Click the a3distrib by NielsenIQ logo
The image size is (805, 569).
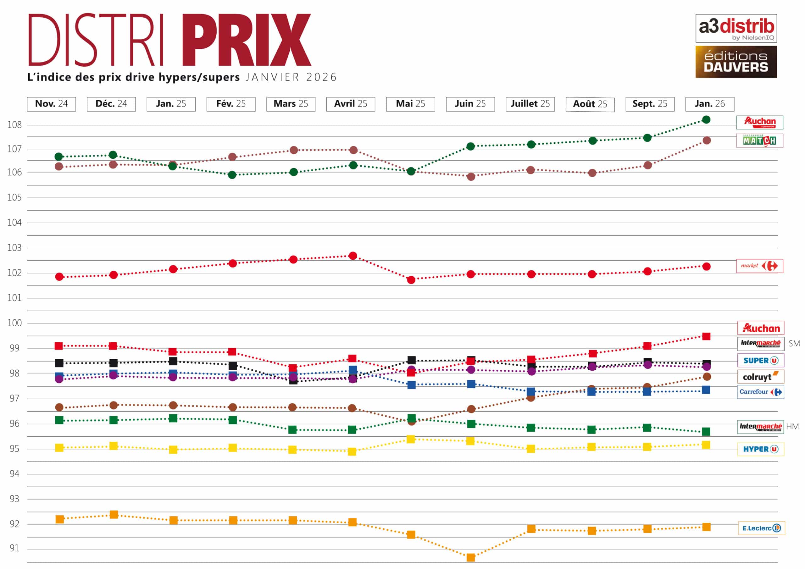point(736,28)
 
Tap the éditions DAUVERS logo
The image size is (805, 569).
point(736,62)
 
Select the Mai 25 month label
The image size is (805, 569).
point(410,104)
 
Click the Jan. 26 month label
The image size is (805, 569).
point(710,104)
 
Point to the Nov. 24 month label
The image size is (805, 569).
point(51,104)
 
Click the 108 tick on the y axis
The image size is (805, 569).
point(14,125)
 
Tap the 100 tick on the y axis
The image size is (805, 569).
point(14,323)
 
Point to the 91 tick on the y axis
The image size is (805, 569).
point(14,548)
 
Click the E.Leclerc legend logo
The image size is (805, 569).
point(761,528)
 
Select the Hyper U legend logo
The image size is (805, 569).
point(760,449)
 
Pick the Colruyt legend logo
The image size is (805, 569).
point(760,377)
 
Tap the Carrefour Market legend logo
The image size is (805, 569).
point(759,266)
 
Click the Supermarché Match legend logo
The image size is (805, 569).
point(759,141)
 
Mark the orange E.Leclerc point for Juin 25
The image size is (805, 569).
point(470,557)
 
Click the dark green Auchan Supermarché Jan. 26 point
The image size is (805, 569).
point(706,120)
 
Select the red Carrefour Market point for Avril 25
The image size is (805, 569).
point(353,256)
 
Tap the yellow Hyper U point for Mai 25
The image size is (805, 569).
point(411,439)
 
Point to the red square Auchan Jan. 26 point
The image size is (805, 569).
point(706,337)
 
